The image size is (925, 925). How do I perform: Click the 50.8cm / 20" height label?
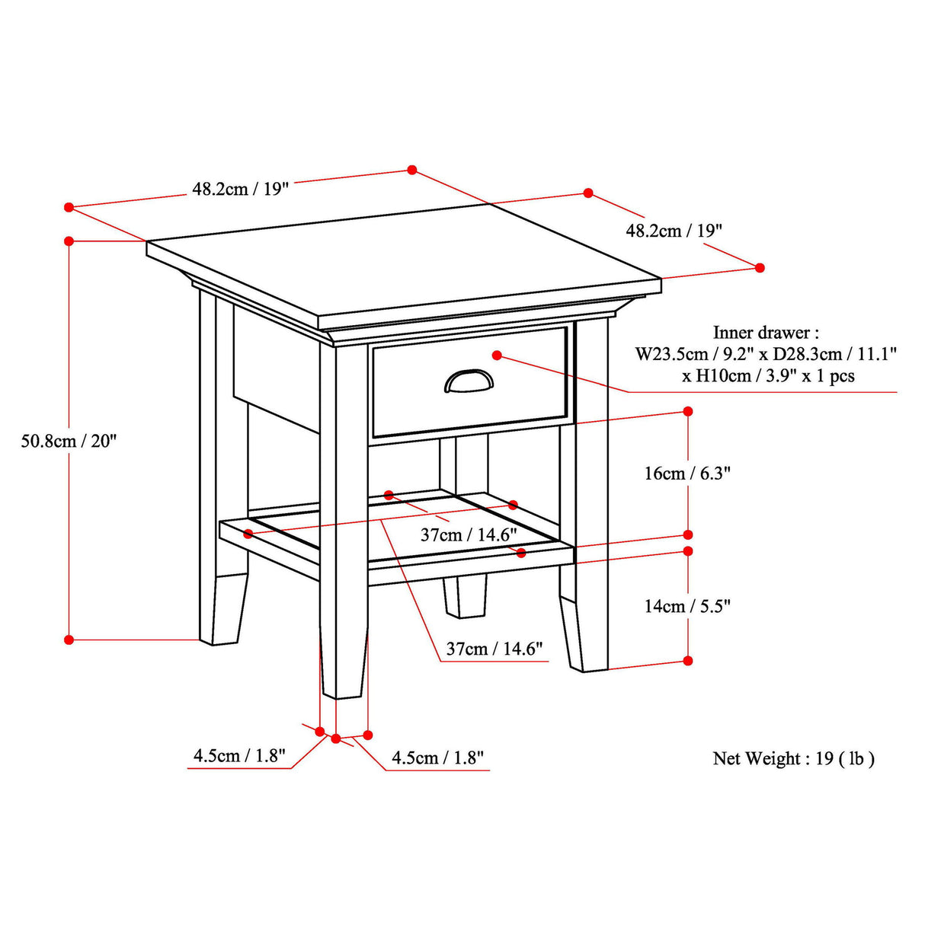pos(69,441)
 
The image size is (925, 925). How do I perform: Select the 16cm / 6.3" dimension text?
pos(687,474)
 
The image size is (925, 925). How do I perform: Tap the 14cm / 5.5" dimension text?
pos(687,606)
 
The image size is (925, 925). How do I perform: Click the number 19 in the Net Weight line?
pos(824,758)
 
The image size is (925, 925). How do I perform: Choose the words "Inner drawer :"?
pos(766,333)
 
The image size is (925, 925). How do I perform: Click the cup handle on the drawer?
pos(469,381)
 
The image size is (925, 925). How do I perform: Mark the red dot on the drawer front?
pos(497,356)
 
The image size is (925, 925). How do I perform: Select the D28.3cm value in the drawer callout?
pos(799,354)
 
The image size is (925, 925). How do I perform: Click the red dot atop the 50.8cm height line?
pos(69,241)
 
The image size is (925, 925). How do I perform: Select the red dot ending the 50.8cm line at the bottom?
pos(69,640)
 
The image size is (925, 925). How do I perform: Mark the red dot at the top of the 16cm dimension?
pos(688,411)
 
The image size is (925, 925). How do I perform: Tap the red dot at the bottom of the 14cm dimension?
pos(688,661)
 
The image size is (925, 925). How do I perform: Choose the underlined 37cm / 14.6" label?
pos(495,649)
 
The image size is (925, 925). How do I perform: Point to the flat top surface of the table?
pos(404,259)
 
